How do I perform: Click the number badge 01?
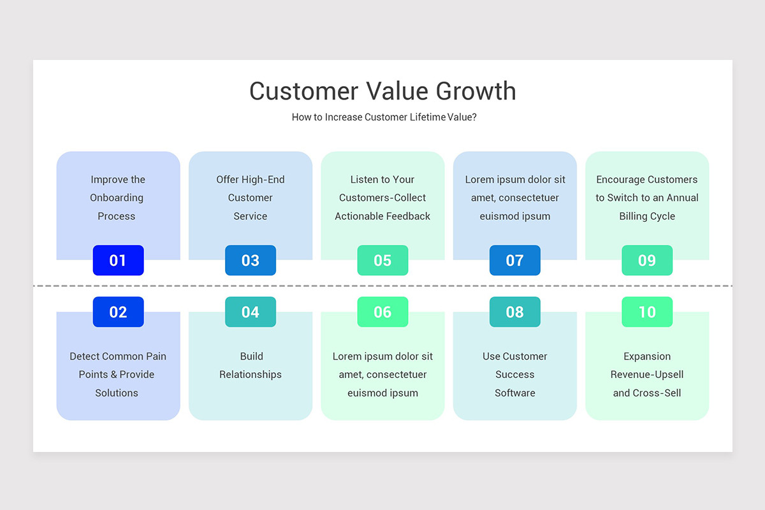118,260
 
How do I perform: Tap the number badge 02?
118,312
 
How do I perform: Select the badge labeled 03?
251,260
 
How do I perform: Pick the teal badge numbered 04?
251,312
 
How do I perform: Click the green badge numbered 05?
382,260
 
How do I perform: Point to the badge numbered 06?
382,312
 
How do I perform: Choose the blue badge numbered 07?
514,260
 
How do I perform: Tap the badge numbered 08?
514,312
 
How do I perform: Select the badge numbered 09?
647,260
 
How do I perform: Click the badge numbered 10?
647,312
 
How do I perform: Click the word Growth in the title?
476,91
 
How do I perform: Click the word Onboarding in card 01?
117,198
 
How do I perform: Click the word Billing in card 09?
632,216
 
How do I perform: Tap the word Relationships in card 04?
251,375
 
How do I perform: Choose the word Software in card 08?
514,393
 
